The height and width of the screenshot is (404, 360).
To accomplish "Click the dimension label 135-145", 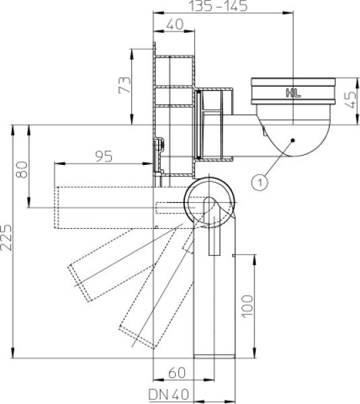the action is (x=219, y=5).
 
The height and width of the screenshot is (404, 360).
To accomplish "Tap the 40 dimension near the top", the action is (x=175, y=24).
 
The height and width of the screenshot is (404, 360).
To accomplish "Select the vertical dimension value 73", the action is (x=125, y=85).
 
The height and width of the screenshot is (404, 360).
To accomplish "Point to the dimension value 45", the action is (x=351, y=100).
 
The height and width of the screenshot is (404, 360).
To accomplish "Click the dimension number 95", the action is (x=104, y=156).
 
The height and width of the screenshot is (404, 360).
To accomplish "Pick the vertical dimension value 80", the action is (x=22, y=170).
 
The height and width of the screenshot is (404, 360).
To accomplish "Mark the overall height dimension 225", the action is (x=6, y=237).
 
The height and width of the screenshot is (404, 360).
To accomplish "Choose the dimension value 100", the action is (x=248, y=306).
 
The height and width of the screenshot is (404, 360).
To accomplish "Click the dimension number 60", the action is (x=177, y=373).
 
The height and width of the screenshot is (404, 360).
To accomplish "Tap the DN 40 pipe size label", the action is (x=169, y=395).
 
